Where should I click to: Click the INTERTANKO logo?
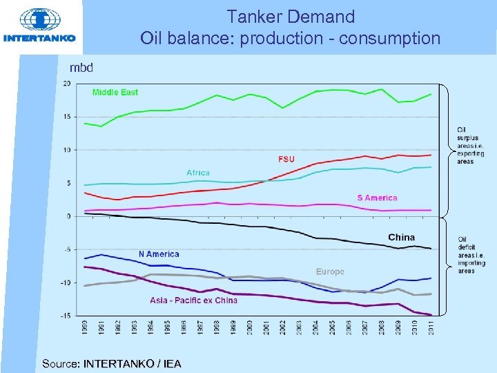(39, 26)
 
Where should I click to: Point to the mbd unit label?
(81, 68)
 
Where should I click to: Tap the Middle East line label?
(115, 93)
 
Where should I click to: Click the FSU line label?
(286, 160)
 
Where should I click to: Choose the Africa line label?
(197, 173)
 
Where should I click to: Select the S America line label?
(377, 198)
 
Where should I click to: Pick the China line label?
(401, 238)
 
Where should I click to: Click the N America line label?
(158, 254)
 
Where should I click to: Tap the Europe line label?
(330, 271)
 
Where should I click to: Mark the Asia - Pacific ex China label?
(193, 300)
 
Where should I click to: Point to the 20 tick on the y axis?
(66, 84)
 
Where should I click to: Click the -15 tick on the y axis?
(65, 316)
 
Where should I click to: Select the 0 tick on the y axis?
(68, 216)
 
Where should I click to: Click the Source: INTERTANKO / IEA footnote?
(111, 363)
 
